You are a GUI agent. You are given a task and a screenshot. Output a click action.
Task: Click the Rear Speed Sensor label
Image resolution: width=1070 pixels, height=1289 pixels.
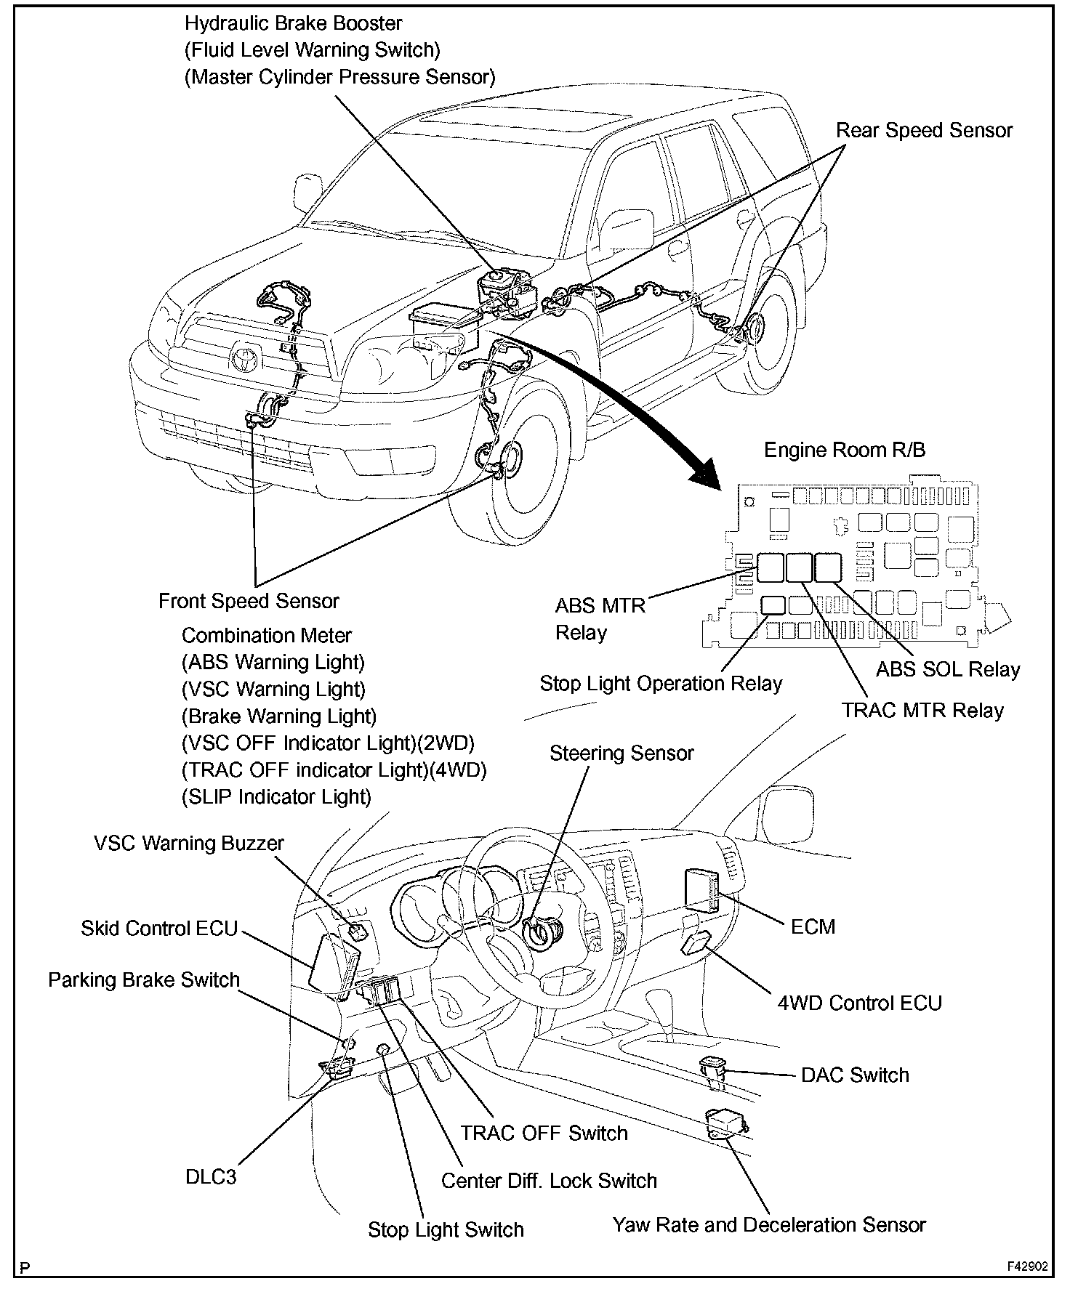[x=924, y=131]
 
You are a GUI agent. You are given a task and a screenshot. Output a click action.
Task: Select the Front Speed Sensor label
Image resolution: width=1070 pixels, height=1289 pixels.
[x=249, y=602]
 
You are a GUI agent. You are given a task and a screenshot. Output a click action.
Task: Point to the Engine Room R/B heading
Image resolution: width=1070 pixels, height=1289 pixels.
[x=845, y=450]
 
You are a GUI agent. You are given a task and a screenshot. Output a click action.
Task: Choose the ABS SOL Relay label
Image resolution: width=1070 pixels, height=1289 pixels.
[x=948, y=669]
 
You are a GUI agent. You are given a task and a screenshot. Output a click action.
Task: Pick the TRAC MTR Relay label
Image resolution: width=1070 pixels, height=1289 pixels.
[x=922, y=711]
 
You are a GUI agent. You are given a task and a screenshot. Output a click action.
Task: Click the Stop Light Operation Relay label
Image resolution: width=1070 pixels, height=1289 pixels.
[x=661, y=684]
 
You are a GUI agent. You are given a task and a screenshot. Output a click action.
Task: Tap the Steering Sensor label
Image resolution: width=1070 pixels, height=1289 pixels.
[x=622, y=753]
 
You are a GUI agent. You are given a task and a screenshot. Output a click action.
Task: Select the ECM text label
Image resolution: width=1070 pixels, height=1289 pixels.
[x=813, y=927]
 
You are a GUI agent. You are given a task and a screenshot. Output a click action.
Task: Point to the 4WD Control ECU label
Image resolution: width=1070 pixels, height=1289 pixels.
[x=859, y=1003]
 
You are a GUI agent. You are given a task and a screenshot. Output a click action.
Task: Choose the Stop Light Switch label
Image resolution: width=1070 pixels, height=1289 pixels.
[x=446, y=1230]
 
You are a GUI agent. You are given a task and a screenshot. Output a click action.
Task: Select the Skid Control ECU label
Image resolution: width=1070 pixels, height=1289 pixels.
[x=159, y=929]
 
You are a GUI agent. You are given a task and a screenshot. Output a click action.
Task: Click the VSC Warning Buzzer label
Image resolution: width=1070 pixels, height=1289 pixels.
[x=189, y=844]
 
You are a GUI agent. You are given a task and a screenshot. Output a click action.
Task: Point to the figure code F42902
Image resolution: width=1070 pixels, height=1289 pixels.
[x=1027, y=1266]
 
